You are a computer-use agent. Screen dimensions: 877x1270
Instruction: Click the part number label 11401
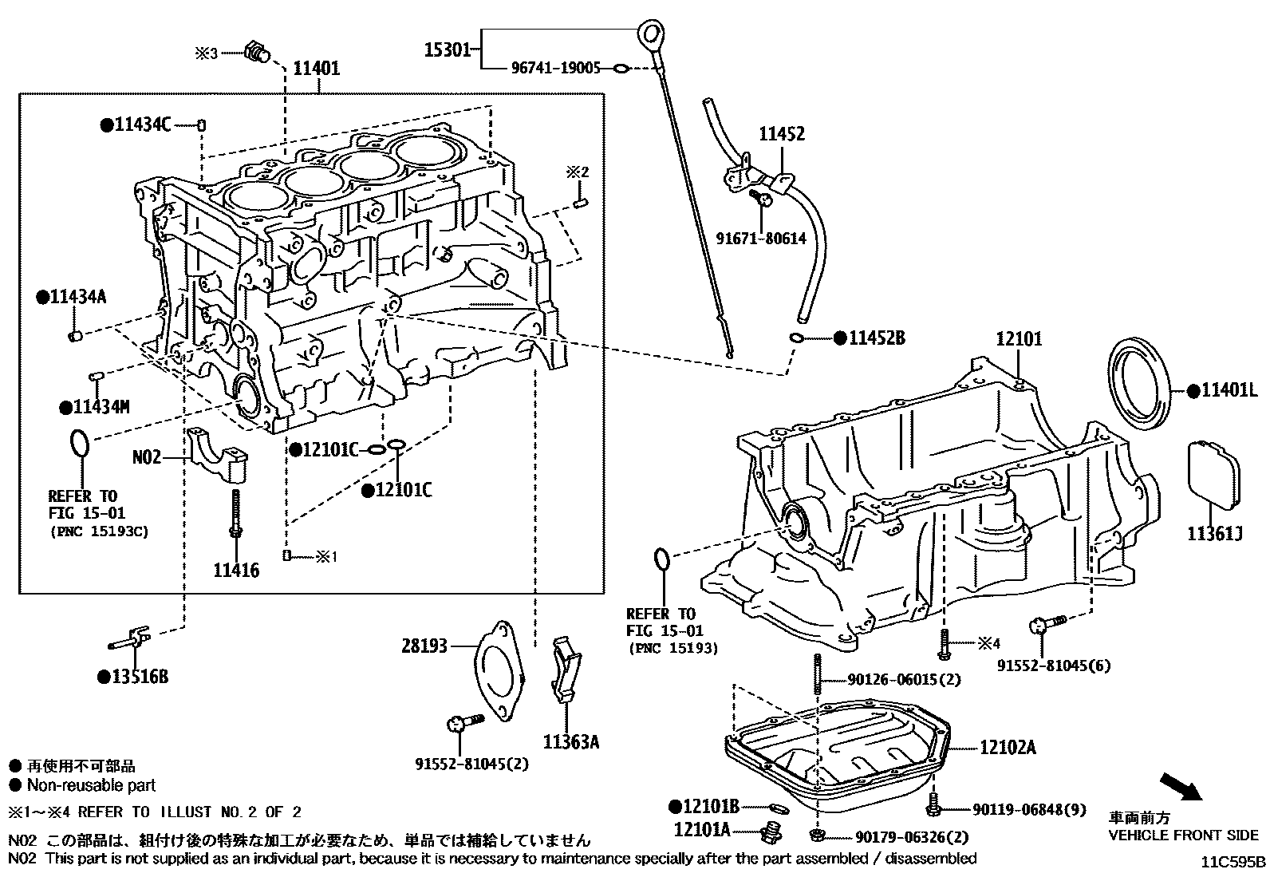(x=316, y=69)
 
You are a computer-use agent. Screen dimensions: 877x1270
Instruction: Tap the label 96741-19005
(x=555, y=69)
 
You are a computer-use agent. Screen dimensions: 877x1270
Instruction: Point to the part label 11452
(x=781, y=134)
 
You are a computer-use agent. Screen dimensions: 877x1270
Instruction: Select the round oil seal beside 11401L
(x=1142, y=385)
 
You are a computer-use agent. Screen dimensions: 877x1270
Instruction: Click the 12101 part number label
(x=1019, y=339)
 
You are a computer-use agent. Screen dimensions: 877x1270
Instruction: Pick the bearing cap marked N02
(x=219, y=456)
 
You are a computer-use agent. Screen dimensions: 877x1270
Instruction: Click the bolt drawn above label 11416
(x=236, y=516)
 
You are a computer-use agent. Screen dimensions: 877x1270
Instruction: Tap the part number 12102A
(x=1008, y=748)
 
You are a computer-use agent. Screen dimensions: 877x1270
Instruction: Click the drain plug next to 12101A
(x=770, y=832)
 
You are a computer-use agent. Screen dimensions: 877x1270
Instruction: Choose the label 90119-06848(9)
(x=1029, y=810)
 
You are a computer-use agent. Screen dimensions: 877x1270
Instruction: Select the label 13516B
(x=140, y=677)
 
